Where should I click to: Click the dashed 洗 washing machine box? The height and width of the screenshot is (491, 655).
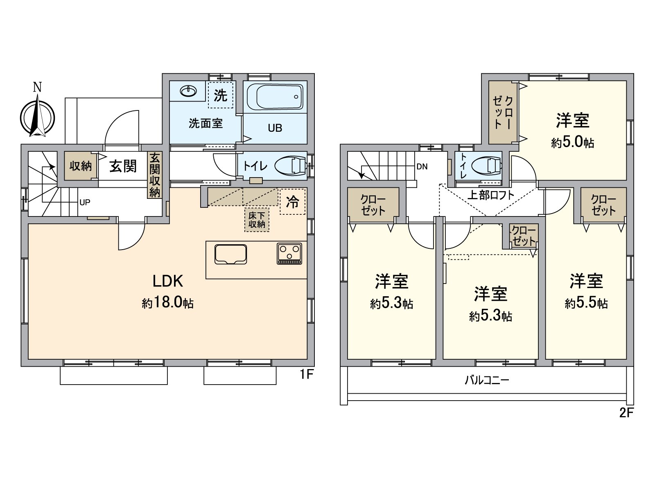pyautogui.click(x=221, y=95)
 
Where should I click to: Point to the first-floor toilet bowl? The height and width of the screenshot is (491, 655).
pyautogui.click(x=290, y=166)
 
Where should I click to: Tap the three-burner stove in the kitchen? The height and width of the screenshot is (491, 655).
pyautogui.click(x=289, y=253)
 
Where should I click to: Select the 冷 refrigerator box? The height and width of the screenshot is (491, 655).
pyautogui.click(x=293, y=201)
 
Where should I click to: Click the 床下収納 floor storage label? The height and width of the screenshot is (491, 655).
pyautogui.click(x=257, y=220)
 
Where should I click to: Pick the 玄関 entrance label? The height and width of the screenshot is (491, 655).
pyautogui.click(x=123, y=166)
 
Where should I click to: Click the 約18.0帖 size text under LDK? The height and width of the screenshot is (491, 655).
pyautogui.click(x=167, y=303)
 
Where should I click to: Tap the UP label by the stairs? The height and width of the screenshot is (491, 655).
pyautogui.click(x=85, y=202)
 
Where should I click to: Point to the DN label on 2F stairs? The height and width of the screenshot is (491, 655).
pyautogui.click(x=422, y=167)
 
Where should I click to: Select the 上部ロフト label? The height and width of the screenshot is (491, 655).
pyautogui.click(x=490, y=195)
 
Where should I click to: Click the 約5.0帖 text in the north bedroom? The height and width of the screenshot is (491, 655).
pyautogui.click(x=572, y=143)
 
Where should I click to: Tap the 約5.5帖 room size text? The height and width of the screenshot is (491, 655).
pyautogui.click(x=586, y=303)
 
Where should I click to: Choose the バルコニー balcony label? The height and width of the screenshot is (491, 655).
pyautogui.click(x=487, y=381)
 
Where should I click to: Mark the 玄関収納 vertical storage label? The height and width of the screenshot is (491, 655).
pyautogui.click(x=155, y=175)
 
